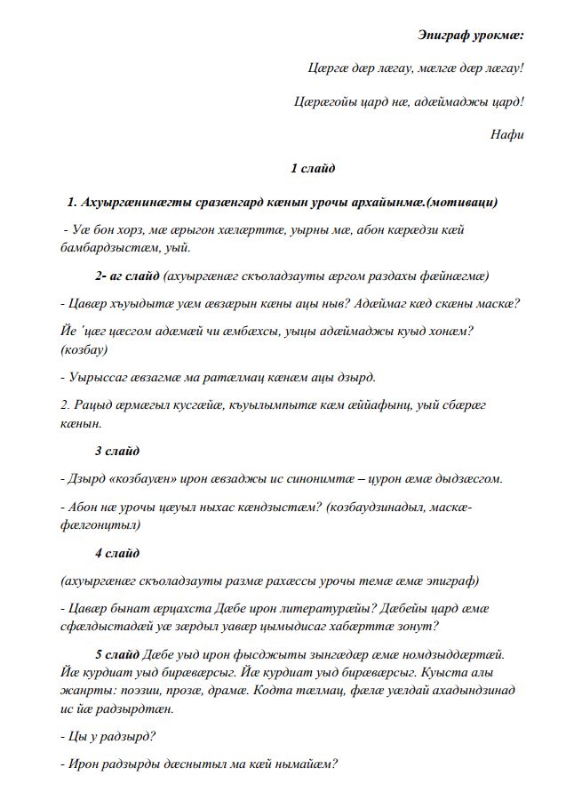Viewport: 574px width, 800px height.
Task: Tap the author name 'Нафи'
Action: click(507, 134)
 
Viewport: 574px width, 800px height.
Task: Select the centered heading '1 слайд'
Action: click(313, 168)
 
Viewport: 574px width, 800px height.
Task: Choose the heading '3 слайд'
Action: click(116, 451)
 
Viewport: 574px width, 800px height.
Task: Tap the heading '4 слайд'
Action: click(116, 553)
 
